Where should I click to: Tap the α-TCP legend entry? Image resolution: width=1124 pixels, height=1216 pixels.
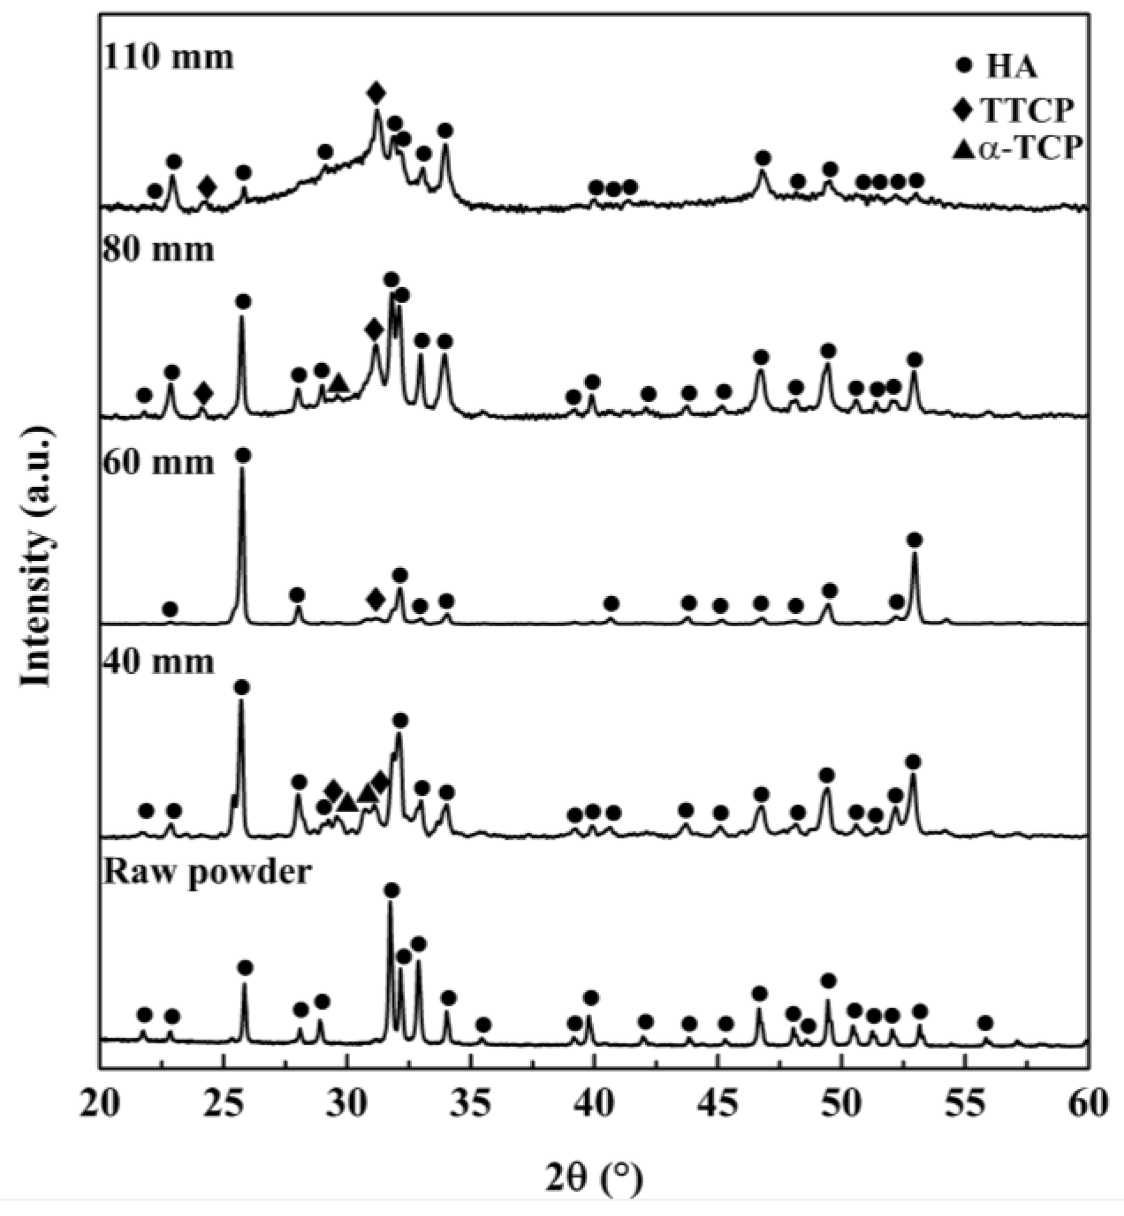(x=1010, y=148)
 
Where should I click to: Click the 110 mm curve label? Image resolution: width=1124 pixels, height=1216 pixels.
(x=168, y=58)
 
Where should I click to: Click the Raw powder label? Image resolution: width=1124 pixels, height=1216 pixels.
(x=207, y=872)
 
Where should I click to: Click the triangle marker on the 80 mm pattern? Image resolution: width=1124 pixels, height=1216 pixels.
(x=338, y=383)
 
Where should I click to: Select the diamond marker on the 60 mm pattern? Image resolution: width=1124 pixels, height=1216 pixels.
(x=376, y=599)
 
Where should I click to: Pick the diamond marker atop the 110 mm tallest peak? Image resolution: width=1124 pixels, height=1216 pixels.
(x=376, y=94)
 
